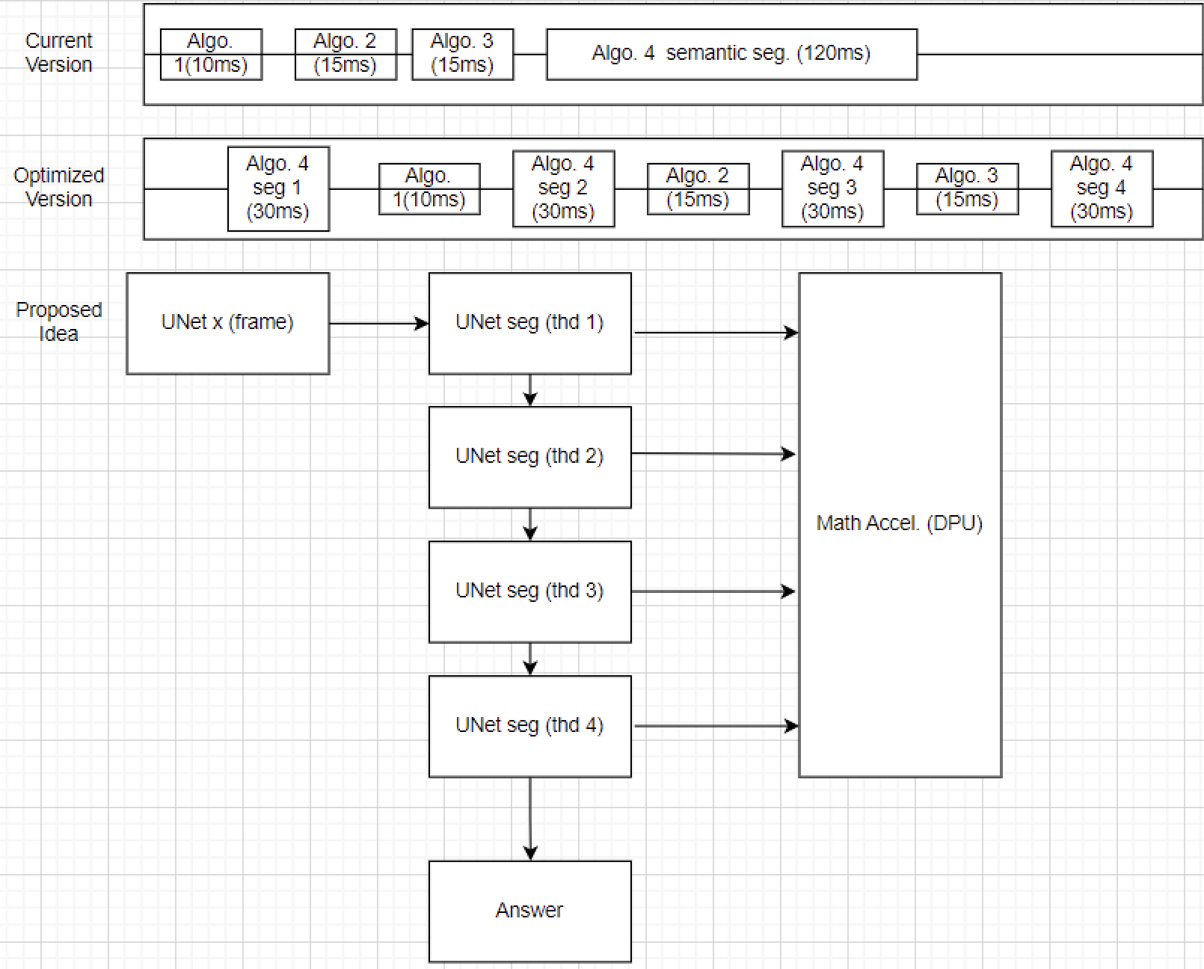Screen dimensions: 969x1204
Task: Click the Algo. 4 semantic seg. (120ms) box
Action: (x=731, y=54)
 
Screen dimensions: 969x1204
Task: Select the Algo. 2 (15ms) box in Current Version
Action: (x=345, y=54)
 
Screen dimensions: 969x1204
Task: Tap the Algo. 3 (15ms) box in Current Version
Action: (x=462, y=54)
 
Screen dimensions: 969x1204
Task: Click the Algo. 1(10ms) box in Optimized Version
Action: (x=429, y=188)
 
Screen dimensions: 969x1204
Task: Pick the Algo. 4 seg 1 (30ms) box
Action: (x=278, y=188)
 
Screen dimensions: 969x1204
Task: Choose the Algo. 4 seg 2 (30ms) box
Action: (x=563, y=188)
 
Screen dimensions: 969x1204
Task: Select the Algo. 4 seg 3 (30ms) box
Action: (x=832, y=188)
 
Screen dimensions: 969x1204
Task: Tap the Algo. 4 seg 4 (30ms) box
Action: (x=1102, y=188)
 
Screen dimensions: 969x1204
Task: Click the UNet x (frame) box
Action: (x=228, y=323)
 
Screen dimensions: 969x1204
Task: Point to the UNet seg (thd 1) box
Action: (x=529, y=323)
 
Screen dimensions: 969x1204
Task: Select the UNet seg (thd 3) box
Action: (x=529, y=591)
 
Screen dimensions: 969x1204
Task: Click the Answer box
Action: (x=529, y=911)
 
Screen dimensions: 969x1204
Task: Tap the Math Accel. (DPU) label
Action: (x=900, y=523)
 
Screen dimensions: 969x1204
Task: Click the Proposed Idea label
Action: (x=59, y=322)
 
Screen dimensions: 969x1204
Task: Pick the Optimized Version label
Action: (x=59, y=187)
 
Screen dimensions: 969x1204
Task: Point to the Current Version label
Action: (x=59, y=52)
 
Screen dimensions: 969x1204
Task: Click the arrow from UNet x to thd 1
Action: (x=378, y=324)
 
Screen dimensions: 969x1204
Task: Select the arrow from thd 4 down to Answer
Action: (x=530, y=818)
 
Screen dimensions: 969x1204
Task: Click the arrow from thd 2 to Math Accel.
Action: (x=713, y=454)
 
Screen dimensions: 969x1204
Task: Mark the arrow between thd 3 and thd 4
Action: (x=530, y=659)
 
